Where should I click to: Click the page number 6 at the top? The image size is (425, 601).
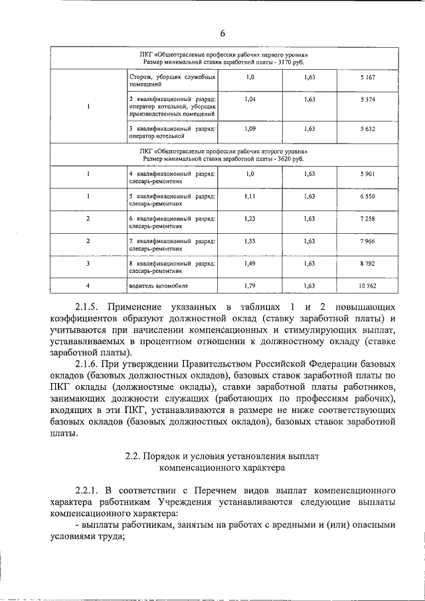click(223, 34)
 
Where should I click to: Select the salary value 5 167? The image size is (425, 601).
click(368, 78)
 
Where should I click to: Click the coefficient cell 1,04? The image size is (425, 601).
click(250, 100)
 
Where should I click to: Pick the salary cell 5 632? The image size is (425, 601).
click(368, 129)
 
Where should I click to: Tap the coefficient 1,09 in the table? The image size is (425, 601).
click(250, 129)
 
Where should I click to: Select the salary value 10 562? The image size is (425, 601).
click(368, 286)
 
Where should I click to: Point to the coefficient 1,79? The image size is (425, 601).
click(250, 286)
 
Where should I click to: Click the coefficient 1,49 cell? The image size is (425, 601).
click(250, 264)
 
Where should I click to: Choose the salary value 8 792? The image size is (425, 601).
click(368, 264)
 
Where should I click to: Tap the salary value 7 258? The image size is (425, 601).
click(368, 218)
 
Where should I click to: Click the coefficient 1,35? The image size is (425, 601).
click(250, 241)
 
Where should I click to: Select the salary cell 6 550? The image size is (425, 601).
click(368, 197)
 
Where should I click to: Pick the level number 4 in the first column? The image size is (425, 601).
click(88, 286)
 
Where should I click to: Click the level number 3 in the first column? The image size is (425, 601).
click(88, 264)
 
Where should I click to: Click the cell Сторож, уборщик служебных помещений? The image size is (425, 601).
click(172, 82)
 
